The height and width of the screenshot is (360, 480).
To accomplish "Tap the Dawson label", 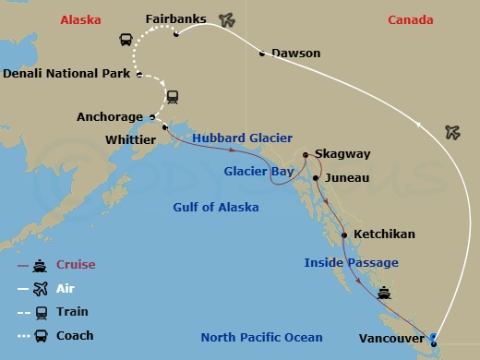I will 296,54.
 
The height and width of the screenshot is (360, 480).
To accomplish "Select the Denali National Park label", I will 67,75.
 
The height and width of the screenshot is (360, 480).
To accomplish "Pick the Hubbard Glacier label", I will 242,138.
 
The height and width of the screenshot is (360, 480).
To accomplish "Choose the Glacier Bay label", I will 258,171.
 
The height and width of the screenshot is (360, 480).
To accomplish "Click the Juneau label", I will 347,177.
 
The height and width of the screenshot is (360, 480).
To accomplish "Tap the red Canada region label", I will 410,19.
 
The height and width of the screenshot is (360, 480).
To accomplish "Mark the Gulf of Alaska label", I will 215,207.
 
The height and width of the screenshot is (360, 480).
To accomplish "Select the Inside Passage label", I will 351,263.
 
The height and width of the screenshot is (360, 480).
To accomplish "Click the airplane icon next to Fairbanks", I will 226,18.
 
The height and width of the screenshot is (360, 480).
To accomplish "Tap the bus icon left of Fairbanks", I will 126,40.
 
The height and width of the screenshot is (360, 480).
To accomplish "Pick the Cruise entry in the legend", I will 76,265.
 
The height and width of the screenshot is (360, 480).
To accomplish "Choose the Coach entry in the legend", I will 75,335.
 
